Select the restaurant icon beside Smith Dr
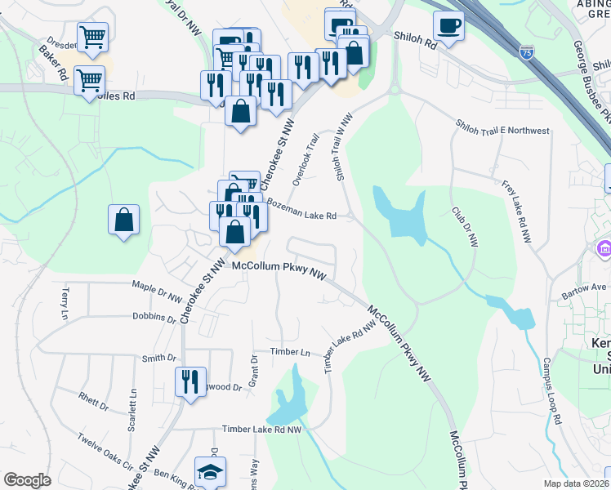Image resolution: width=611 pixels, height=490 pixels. coord(190,381)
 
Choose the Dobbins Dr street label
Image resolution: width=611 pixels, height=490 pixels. coord(154,317)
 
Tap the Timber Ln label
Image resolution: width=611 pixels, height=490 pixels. coord(292,352)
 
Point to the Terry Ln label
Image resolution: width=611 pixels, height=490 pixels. coord(64,303)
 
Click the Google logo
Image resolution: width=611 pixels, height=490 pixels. coord(27,480)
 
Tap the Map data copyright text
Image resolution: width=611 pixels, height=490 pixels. coord(575,483)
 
